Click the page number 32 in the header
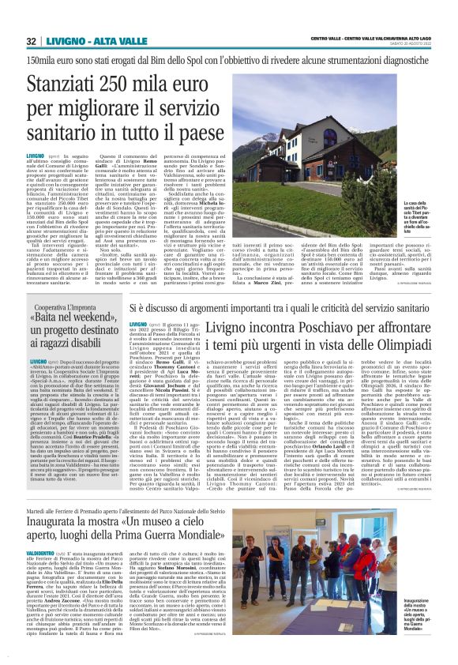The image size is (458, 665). point(31,40)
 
